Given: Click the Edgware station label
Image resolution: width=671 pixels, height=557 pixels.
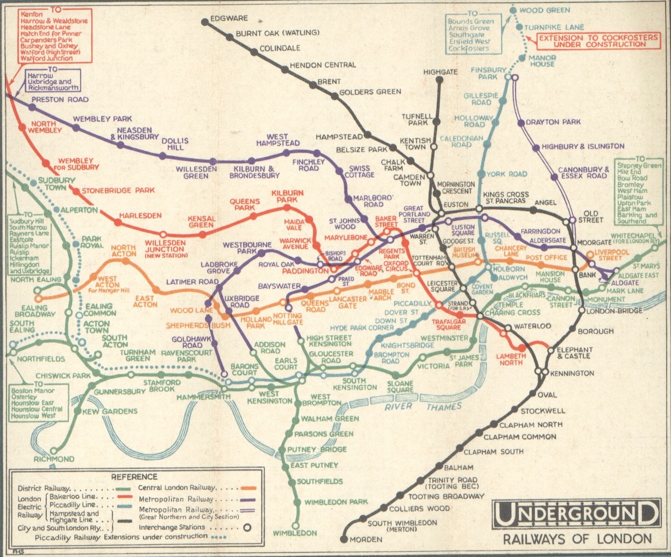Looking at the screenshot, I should click(x=229, y=18).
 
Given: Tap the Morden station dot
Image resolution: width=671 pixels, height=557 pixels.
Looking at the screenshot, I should click(x=344, y=539).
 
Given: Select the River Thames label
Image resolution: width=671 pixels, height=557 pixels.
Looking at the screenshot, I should click(x=423, y=407).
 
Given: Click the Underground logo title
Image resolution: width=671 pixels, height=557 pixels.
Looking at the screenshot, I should click(x=576, y=514).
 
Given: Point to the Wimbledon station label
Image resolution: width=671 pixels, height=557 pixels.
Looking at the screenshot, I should click(x=295, y=533).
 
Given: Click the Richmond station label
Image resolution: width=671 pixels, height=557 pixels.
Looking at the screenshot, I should click(x=54, y=459).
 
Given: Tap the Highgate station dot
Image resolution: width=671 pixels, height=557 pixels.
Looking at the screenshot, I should click(x=440, y=80).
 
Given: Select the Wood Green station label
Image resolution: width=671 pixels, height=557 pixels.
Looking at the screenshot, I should click(x=545, y=10).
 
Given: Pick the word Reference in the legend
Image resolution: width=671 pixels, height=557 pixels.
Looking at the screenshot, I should click(x=134, y=476).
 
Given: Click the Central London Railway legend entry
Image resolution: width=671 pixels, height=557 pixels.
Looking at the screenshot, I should click(x=177, y=488).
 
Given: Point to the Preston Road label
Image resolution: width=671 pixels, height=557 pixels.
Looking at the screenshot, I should click(x=60, y=99).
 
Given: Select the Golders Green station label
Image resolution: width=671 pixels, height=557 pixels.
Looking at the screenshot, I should click(x=370, y=92).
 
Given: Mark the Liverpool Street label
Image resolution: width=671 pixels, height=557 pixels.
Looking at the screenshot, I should click(x=611, y=255).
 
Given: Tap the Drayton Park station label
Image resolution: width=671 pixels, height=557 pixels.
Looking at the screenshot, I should click(x=553, y=122).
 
